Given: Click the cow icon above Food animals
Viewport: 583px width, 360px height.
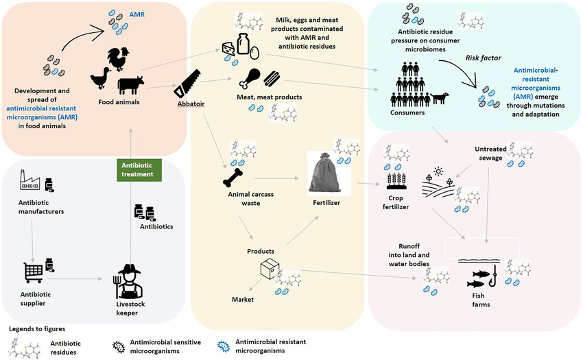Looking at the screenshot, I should click(130, 84).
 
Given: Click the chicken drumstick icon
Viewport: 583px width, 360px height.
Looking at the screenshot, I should click(245, 77).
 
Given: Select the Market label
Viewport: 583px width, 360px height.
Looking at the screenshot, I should click(243, 300).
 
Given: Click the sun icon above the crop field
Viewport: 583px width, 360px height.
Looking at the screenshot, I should click(436, 169).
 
